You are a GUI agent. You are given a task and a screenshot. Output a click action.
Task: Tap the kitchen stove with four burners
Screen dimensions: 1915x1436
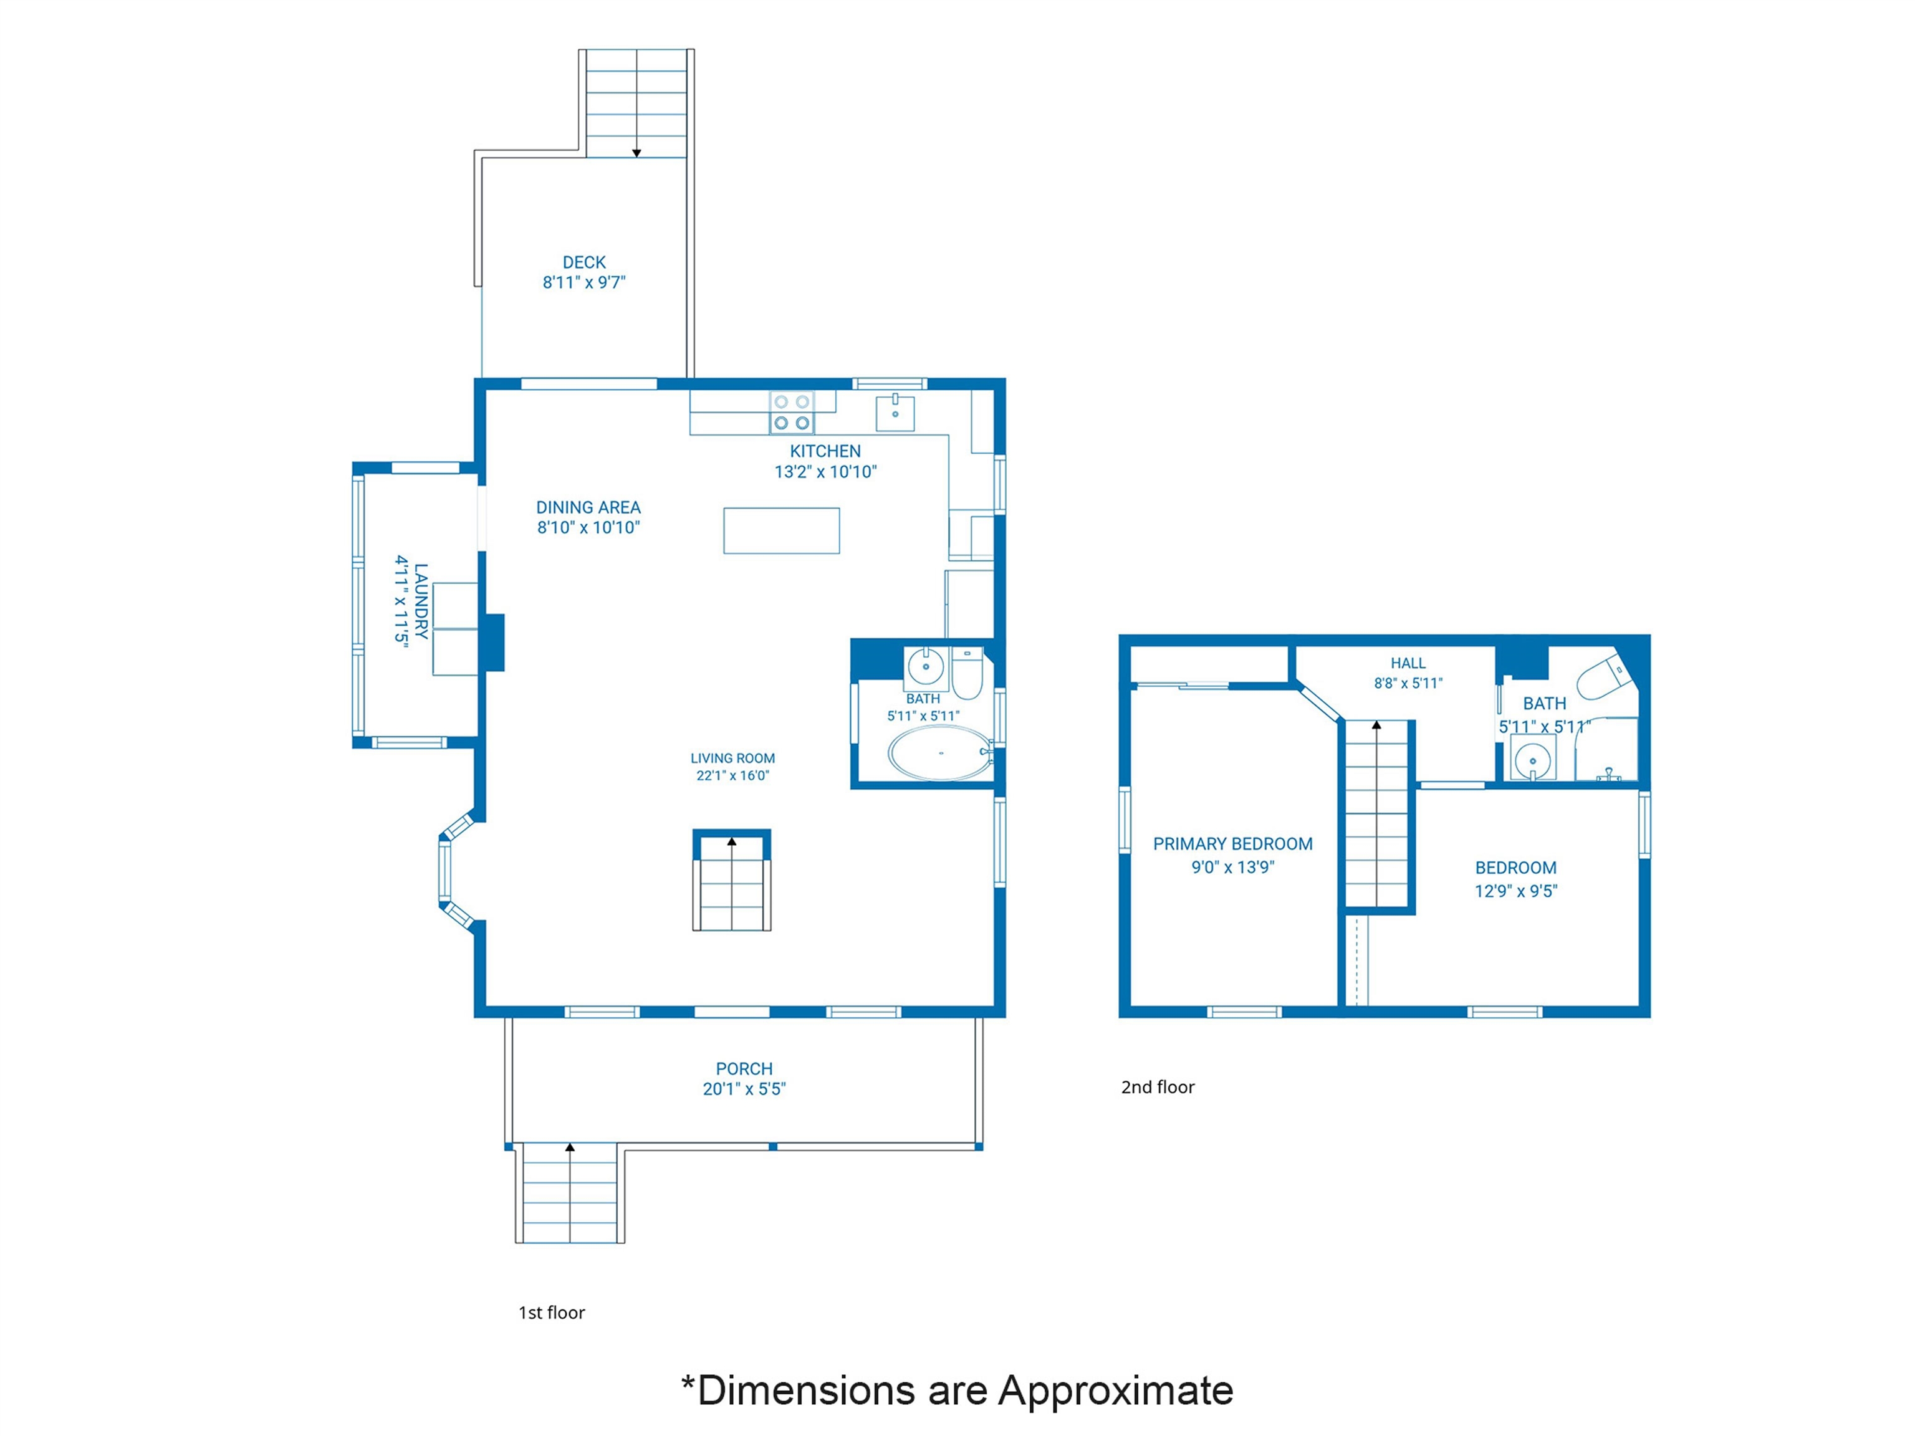791,413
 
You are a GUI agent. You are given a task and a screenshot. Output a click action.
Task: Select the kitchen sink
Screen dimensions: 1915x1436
895,412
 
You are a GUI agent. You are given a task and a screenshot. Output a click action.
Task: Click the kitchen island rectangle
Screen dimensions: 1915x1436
782,530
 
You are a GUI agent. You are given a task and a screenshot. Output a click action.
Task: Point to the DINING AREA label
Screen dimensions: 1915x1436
588,507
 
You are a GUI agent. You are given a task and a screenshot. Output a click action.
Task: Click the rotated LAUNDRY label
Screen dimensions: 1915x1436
421,601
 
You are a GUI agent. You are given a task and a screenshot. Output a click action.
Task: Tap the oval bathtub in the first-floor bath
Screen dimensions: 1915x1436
940,752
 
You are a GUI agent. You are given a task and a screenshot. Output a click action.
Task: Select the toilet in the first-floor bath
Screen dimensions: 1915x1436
966,673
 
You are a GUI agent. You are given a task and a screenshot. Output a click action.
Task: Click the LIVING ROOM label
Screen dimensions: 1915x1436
732,759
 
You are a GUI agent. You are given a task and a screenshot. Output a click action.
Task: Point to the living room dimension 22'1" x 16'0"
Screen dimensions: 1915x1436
732,775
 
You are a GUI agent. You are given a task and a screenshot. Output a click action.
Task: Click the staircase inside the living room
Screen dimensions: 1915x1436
732,881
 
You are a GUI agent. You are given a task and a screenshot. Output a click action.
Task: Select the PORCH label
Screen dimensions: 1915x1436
744,1069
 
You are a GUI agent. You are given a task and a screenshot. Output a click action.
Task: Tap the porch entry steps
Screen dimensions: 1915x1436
570,1194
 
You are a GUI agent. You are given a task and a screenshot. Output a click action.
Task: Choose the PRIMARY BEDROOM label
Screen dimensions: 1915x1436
1233,844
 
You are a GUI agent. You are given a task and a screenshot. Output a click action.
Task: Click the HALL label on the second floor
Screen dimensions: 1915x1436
1408,663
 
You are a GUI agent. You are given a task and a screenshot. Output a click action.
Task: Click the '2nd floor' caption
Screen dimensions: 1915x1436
1158,1087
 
